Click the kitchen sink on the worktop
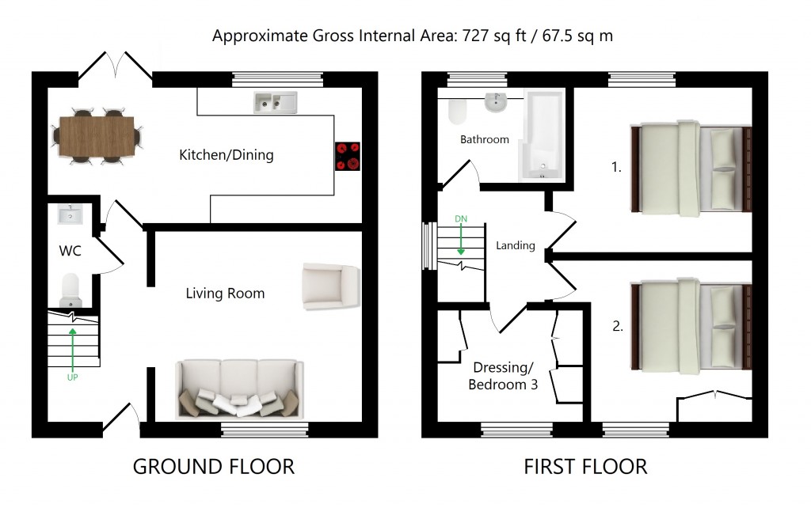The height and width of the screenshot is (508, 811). click(x=275, y=101)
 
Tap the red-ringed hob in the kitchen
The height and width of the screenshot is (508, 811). click(x=348, y=156)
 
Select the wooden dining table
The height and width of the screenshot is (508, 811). click(x=99, y=137)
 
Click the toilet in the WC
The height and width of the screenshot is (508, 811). click(x=70, y=290)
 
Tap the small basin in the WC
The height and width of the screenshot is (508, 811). click(x=70, y=214)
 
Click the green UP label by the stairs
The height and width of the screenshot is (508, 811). click(x=73, y=377)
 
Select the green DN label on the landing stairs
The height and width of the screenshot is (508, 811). click(x=461, y=218)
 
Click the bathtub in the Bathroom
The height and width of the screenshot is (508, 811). click(x=540, y=135)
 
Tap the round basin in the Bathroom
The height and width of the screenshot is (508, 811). click(x=496, y=101)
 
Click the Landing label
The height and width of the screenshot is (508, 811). click(x=516, y=245)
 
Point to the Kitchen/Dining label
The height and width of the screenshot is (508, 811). click(x=227, y=155)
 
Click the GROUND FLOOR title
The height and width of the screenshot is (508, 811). click(x=214, y=467)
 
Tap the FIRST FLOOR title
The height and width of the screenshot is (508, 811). click(x=585, y=467)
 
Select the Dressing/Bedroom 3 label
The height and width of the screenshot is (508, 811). click(x=501, y=376)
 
